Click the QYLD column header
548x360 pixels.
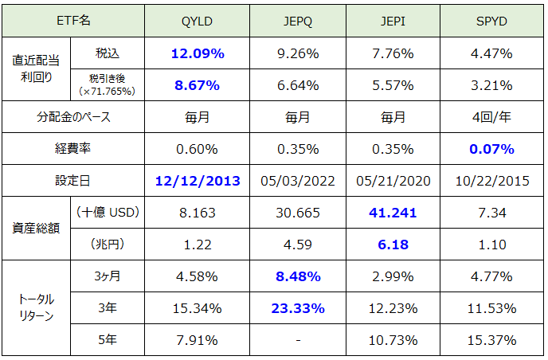198,20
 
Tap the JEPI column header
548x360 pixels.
393,20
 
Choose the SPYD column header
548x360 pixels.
491,20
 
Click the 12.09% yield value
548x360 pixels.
198,54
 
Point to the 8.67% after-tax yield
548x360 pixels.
198,84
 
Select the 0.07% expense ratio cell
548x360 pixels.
491,149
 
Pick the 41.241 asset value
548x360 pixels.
393,213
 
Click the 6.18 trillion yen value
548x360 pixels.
393,245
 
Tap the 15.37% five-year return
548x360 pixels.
491,341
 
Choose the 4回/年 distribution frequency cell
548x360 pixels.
491,117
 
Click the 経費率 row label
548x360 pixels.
73,149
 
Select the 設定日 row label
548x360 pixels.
73,181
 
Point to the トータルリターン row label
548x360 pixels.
36,309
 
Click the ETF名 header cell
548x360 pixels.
73,20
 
